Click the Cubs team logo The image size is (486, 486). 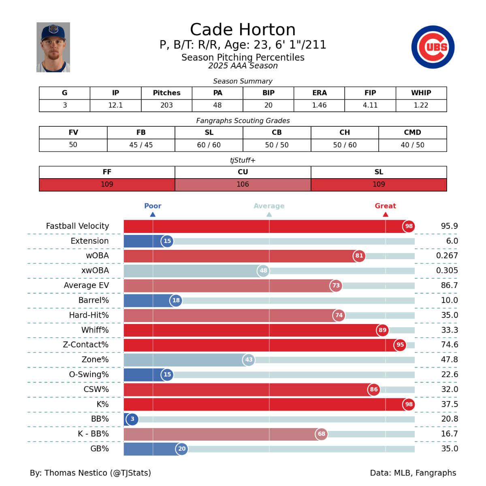pos(433,47)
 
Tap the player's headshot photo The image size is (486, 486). pos(53,47)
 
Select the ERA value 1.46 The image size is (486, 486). pos(319,105)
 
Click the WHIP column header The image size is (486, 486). pos(421,93)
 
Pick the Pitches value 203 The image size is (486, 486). pos(166,105)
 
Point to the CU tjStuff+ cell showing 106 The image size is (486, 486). pos(243,185)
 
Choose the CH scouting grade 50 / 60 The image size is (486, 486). pos(345,145)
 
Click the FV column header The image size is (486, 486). pos(73,132)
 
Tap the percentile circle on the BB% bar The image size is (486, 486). pos(132,419)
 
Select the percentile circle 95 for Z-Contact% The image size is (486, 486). pos(400,345)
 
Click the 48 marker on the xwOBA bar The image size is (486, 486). pos(263,271)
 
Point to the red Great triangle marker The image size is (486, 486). pos(386,215)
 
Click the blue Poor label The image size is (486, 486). pos(153,206)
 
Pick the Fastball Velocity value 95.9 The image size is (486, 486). pos(449,226)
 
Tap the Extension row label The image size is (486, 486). pos(90,241)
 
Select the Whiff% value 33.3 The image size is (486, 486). pos(450,330)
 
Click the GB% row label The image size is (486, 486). pos(100,449)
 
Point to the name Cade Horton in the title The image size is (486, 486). pos(243,30)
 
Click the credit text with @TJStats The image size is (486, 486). pos(90,473)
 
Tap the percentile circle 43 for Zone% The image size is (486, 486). pos(249,360)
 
